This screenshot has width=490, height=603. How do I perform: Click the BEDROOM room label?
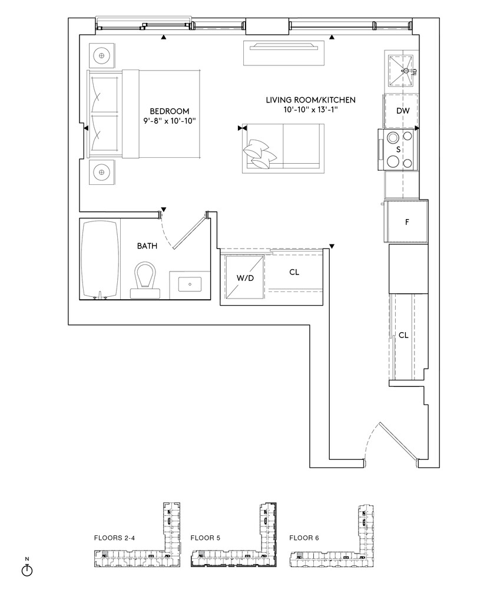(x=169, y=111)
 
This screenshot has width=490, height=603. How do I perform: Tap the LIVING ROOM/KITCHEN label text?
(x=311, y=100)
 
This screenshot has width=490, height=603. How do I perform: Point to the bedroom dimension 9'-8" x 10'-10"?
(x=170, y=121)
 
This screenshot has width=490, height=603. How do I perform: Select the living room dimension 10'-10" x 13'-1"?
(x=311, y=110)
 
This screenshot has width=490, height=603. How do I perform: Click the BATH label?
(x=147, y=246)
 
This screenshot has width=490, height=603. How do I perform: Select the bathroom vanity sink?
(x=190, y=284)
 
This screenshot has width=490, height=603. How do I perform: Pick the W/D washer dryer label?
(x=245, y=278)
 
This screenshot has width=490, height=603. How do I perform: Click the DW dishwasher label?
(x=403, y=111)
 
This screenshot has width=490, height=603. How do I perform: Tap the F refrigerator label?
(x=407, y=222)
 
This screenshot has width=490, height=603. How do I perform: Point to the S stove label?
(x=399, y=149)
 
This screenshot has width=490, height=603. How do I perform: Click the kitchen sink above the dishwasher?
(x=400, y=69)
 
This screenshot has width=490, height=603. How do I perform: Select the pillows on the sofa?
(x=260, y=154)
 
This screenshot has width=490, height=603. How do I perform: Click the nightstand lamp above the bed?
(x=101, y=55)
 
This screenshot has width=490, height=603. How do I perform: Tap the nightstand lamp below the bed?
(x=101, y=172)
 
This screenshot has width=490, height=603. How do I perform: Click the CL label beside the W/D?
(x=294, y=272)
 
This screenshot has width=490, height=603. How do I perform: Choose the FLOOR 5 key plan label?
(x=206, y=538)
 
